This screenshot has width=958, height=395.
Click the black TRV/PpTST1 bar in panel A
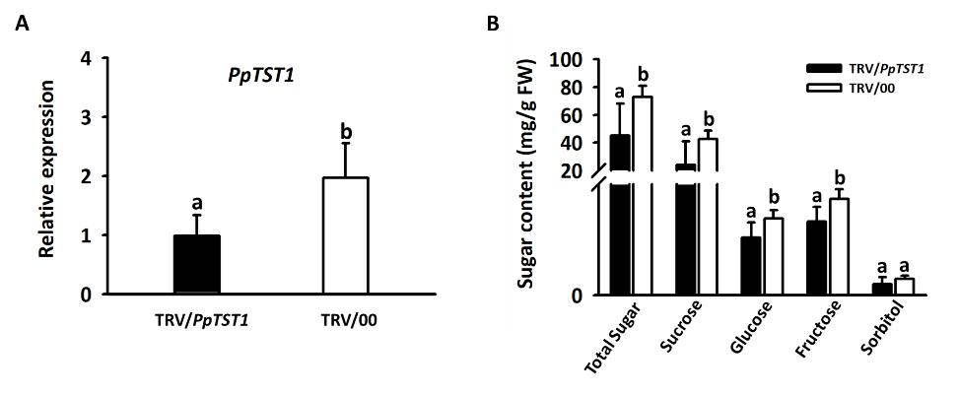(x=197, y=264)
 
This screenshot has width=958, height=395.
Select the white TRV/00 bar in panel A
(x=345, y=235)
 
